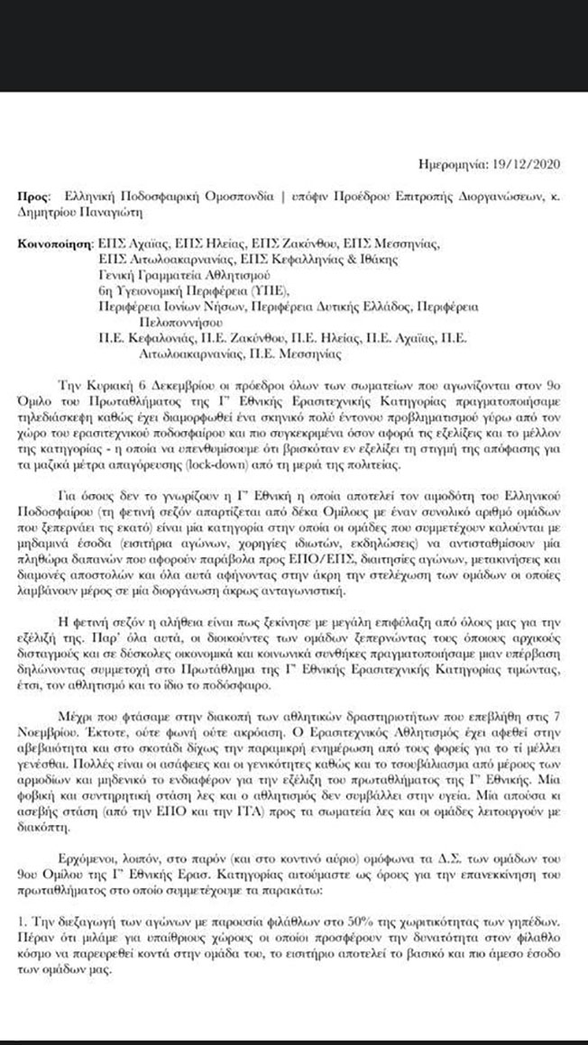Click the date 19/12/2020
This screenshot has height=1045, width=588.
[x=529, y=164]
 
